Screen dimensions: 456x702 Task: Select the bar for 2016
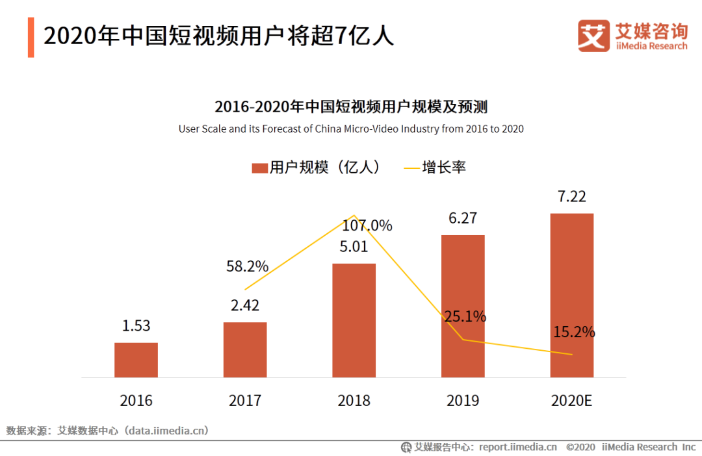pos(136,360)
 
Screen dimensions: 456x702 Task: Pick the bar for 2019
pos(463,306)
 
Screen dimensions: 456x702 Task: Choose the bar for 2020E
pos(571,295)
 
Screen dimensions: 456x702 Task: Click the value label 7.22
pos(571,197)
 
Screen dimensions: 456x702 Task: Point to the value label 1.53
pos(136,326)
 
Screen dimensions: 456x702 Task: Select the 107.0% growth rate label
pos(367,226)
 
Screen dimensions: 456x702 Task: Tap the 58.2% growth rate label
pos(247,266)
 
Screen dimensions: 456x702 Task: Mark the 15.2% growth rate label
pos(574,332)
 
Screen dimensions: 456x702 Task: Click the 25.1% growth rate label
pos(465,317)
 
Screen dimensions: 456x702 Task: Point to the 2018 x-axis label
pos(354,400)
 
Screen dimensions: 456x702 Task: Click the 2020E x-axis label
pos(571,400)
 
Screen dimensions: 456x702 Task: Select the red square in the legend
pos(259,168)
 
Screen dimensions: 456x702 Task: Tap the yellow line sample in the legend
pos(411,168)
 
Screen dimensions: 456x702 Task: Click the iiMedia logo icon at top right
pos(593,35)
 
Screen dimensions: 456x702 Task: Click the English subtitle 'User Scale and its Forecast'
pos(351,129)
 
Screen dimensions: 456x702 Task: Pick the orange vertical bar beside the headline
pos(31,36)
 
